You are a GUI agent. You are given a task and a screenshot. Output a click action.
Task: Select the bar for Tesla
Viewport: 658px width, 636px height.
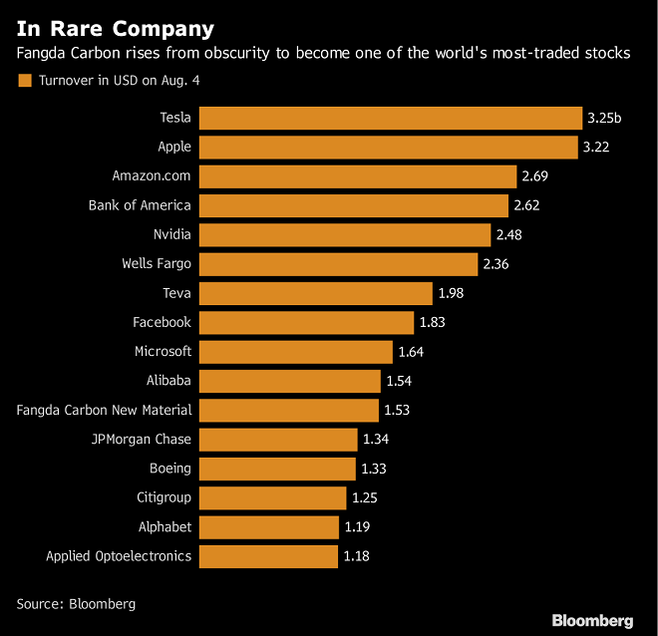391,119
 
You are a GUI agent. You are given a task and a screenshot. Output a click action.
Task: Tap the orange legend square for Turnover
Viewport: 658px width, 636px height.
24,81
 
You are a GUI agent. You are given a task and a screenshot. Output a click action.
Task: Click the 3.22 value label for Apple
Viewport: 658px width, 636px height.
597,148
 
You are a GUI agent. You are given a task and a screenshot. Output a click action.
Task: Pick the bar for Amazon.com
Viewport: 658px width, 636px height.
358,176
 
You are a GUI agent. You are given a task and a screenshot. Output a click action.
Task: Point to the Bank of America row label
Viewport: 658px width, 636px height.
140,205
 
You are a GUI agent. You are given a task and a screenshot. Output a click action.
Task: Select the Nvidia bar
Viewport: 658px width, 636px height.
345,235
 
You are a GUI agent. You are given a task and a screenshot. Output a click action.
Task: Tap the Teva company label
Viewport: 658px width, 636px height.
176,293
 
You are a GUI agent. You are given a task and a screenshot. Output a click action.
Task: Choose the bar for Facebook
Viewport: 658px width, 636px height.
306,322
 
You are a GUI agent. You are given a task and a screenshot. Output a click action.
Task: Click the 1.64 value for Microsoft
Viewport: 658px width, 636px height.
412,352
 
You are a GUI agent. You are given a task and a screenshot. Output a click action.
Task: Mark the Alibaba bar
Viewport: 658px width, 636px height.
290,381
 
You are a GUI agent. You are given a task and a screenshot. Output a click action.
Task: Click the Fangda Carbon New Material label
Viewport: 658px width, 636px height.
105,410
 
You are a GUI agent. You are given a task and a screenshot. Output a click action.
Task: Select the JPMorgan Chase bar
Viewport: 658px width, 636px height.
278,440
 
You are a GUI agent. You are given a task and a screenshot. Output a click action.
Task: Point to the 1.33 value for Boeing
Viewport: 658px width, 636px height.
374,469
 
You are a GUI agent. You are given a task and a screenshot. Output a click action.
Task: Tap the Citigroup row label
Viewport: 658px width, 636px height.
164,497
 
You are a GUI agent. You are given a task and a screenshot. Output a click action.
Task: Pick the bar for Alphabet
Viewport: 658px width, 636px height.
269,526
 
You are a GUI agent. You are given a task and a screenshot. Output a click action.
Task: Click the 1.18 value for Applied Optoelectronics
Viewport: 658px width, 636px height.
356,556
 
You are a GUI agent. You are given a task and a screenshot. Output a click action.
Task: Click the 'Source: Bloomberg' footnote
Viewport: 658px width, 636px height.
76,604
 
